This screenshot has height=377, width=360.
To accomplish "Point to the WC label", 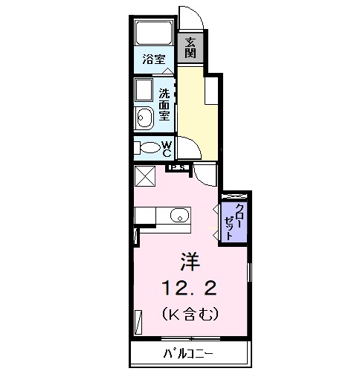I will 167,147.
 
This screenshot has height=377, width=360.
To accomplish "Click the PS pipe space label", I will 178,168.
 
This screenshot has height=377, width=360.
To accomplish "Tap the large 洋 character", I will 189,262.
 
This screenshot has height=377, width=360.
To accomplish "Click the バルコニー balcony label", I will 188,352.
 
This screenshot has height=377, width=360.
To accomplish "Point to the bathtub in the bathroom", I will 154,33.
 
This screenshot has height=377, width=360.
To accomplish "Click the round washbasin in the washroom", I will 143,115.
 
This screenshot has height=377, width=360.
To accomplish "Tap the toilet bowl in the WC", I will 150,147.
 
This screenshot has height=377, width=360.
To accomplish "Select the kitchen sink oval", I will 178,216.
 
